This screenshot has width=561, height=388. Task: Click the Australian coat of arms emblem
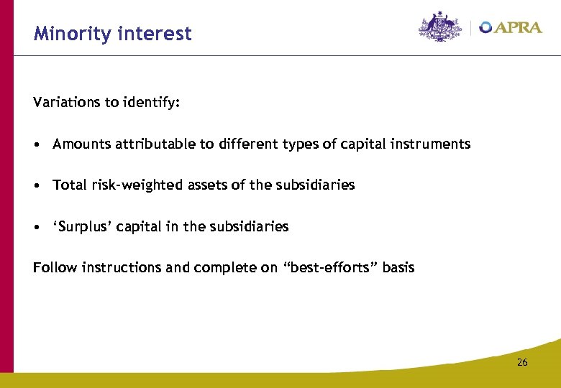pos(440,27)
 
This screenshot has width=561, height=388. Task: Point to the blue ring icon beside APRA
pos(486,27)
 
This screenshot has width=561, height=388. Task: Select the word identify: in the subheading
pos(150,102)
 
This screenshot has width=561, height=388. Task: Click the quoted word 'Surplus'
pos(78,226)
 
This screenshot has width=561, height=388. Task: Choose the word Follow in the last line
pos(55,267)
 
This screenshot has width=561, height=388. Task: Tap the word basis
pos(398,267)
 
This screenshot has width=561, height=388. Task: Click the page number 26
pos(521,362)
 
